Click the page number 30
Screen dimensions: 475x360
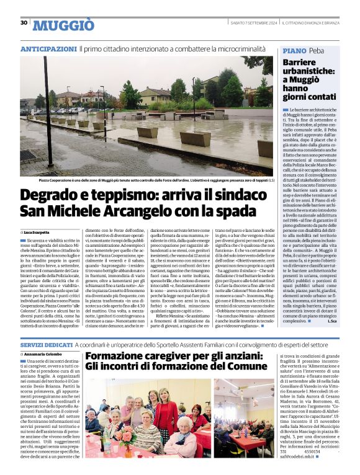(24, 23)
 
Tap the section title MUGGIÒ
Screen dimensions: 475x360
(63, 25)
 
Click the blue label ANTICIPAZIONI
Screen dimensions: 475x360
(48, 48)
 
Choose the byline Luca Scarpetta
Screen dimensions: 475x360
(40, 231)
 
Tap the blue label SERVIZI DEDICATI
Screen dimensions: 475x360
(47, 344)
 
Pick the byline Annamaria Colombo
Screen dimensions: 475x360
(45, 354)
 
